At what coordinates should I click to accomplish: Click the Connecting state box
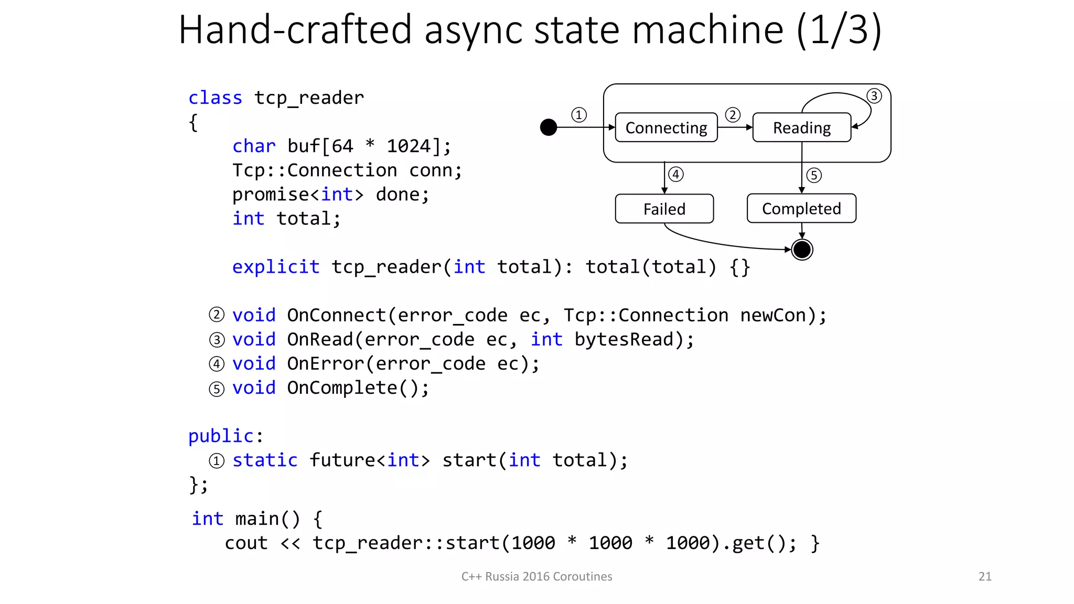pyautogui.click(x=666, y=127)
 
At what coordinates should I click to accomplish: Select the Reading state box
pyautogui.click(x=801, y=127)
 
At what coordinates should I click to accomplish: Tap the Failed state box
pyautogui.click(x=664, y=209)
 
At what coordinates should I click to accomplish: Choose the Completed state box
pyautogui.click(x=801, y=209)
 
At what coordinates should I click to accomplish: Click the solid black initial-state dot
pyautogui.click(x=549, y=127)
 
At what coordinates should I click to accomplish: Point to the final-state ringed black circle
pyautogui.click(x=802, y=250)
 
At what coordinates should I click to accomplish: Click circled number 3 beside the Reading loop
pyautogui.click(x=874, y=96)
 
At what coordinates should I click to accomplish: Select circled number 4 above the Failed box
pyautogui.click(x=676, y=174)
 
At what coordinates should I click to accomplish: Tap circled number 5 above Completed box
pyautogui.click(x=813, y=175)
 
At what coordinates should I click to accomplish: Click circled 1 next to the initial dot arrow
pyautogui.click(x=578, y=115)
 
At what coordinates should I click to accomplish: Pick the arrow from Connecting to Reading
pyautogui.click(x=735, y=127)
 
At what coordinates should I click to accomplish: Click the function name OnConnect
pyautogui.click(x=336, y=315)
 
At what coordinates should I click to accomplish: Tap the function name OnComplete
pyautogui.click(x=342, y=387)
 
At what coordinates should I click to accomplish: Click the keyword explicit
pyautogui.click(x=275, y=267)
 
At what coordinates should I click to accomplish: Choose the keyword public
pyautogui.click(x=221, y=436)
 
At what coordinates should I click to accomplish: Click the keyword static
pyautogui.click(x=265, y=460)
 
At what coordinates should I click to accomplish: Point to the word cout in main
pyautogui.click(x=246, y=543)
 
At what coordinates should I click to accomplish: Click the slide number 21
pyautogui.click(x=985, y=576)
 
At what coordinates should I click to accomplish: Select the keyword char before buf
pyautogui.click(x=254, y=146)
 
